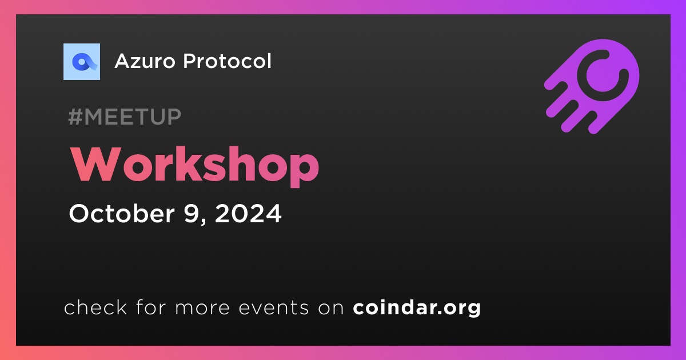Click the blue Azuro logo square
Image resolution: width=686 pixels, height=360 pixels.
[81, 62]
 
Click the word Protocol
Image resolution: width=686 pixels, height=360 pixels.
[227, 61]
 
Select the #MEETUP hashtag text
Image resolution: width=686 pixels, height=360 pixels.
[125, 117]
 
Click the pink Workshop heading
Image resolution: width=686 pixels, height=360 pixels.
[194, 166]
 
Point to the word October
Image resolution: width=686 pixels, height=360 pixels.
[122, 213]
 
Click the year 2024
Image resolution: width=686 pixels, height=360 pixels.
[248, 213]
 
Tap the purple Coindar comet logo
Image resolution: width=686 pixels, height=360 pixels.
[592, 86]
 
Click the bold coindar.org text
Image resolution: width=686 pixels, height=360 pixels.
[417, 307]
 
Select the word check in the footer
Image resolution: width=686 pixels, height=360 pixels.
[95, 307]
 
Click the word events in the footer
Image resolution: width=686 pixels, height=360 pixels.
[273, 307]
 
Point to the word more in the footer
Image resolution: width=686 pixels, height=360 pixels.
[202, 308]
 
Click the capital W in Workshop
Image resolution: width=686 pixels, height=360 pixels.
[96, 164]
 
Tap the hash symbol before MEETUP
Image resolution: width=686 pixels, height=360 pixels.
[75, 117]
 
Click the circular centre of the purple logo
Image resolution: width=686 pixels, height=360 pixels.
[603, 75]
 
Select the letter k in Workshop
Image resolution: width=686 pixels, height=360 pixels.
[196, 163]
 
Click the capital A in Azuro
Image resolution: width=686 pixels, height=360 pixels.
[123, 61]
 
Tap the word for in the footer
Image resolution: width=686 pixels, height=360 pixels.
[151, 307]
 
